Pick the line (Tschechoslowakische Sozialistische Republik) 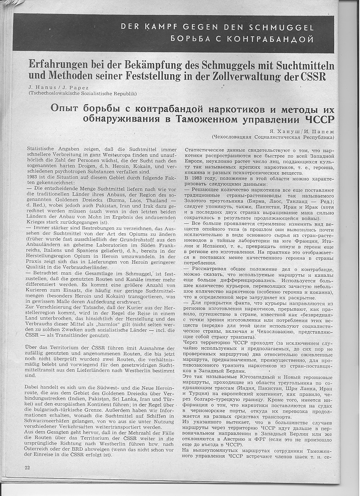tap(82, 93)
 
